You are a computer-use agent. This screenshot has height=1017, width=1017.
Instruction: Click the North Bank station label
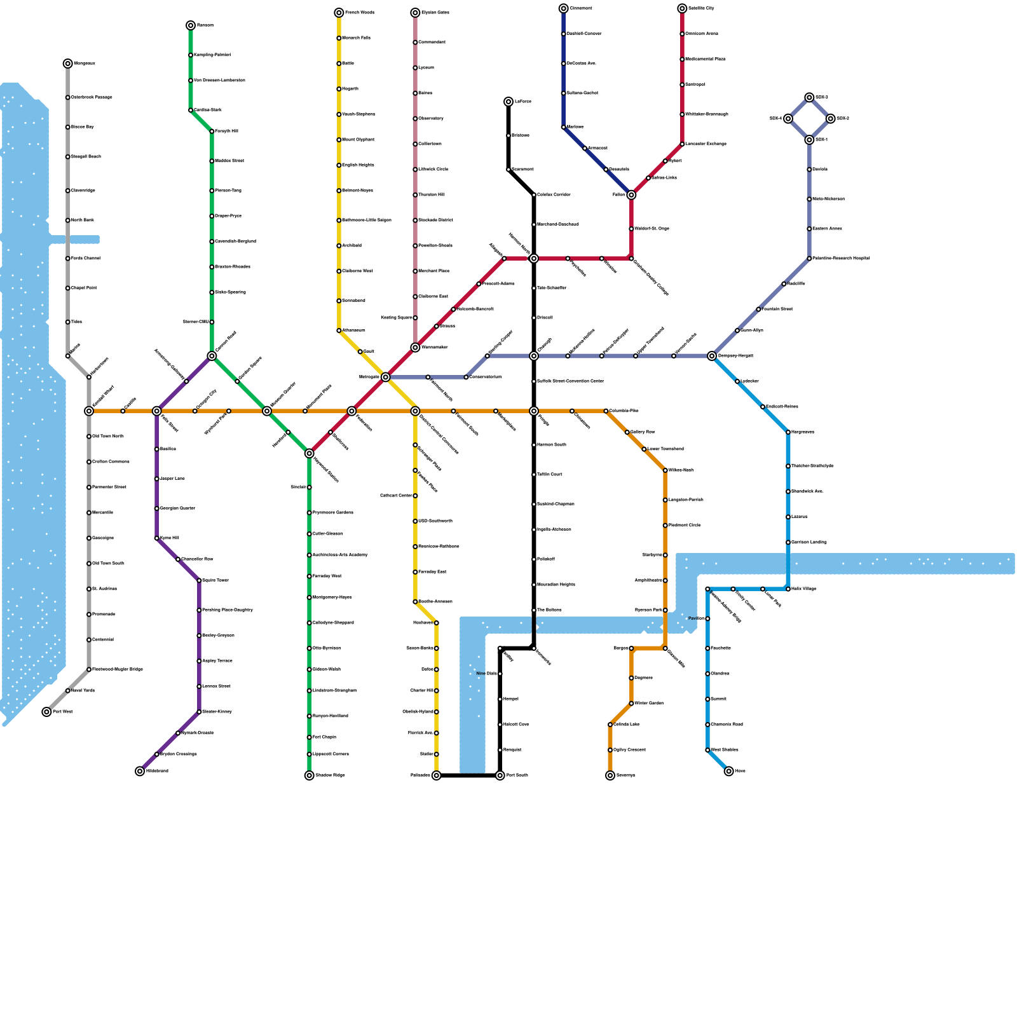[82, 221]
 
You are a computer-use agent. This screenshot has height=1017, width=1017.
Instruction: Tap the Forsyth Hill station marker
[212, 132]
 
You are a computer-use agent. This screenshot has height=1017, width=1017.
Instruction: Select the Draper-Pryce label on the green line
[228, 216]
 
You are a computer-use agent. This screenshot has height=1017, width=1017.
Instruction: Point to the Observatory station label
[431, 119]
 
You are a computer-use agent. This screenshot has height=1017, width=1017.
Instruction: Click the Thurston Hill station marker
[415, 195]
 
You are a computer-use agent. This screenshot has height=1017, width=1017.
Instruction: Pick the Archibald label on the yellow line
[352, 246]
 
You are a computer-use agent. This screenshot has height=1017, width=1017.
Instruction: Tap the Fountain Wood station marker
[758, 310]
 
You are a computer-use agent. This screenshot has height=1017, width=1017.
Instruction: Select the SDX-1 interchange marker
[809, 140]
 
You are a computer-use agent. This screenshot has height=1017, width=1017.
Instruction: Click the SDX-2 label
[843, 119]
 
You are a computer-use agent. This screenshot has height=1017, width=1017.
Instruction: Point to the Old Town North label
[107, 437]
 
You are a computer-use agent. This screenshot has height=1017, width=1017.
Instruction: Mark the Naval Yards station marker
[68, 691]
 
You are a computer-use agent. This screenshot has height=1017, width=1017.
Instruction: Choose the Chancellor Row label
[197, 559]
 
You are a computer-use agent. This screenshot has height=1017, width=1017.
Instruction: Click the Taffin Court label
[549, 475]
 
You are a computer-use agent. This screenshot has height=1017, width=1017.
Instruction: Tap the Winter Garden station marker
[631, 704]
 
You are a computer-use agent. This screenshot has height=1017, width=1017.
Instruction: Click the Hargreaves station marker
[788, 432]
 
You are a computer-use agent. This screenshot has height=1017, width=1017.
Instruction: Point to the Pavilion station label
[696, 618]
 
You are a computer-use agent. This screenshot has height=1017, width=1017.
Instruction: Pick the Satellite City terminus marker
[682, 8]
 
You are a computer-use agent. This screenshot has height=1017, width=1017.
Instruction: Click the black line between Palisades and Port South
[468, 775]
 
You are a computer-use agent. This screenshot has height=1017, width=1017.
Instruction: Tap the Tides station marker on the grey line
[68, 322]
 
